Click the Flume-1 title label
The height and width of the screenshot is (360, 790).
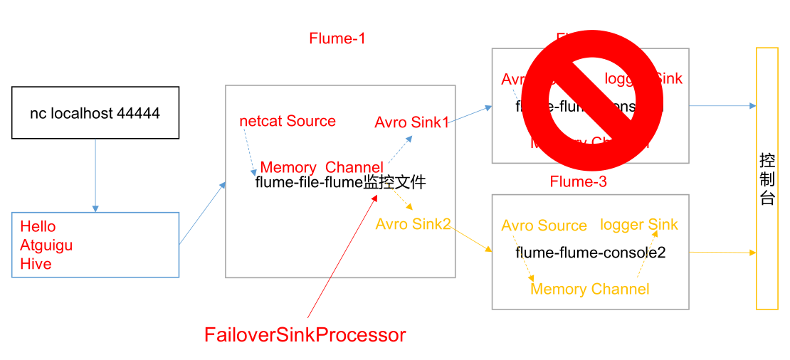click(x=337, y=38)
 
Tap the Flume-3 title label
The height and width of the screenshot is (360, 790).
click(x=578, y=181)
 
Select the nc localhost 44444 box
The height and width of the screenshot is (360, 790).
click(x=95, y=113)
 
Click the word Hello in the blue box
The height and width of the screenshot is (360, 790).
click(x=38, y=226)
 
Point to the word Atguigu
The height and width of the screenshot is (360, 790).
click(x=46, y=245)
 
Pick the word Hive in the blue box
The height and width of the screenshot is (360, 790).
click(x=36, y=264)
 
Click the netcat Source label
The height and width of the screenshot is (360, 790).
click(x=288, y=121)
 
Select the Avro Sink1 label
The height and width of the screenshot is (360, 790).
click(x=411, y=122)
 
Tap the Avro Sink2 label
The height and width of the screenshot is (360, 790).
click(x=413, y=224)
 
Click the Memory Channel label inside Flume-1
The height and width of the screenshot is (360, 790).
click(x=322, y=168)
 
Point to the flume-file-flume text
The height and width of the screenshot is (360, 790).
click(x=308, y=183)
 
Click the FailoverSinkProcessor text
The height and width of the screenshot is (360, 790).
click(x=305, y=334)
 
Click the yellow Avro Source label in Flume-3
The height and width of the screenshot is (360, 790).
click(x=544, y=226)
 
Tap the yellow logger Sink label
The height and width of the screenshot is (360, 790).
click(x=638, y=225)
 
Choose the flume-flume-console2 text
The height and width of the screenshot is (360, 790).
click(x=590, y=253)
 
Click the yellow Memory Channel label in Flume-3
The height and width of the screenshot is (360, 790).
click(x=589, y=289)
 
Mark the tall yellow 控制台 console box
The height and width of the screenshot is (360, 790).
click(x=767, y=178)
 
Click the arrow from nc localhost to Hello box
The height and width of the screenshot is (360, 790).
click(x=95, y=175)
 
